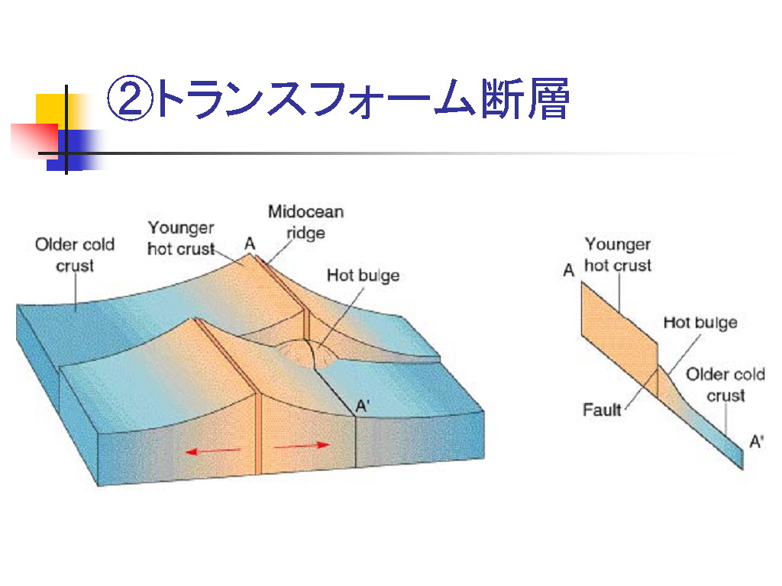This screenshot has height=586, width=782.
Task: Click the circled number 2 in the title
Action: tap(128, 98)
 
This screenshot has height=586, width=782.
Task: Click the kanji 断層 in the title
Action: tap(525, 98)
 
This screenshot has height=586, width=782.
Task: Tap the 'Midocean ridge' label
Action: tap(305, 222)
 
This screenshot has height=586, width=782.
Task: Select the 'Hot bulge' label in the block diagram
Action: tap(363, 275)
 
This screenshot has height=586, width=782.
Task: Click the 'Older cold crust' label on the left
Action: tap(75, 255)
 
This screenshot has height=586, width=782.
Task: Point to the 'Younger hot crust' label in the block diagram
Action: tap(181, 238)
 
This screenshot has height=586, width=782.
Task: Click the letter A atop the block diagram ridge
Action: tap(250, 243)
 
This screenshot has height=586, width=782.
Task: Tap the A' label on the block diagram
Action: tap(363, 407)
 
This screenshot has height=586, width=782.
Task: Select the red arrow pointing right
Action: tap(302, 446)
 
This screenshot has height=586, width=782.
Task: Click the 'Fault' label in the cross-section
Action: tap(602, 410)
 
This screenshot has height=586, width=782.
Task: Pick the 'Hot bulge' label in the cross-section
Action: tap(700, 323)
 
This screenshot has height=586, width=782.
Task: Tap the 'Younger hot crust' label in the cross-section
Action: tap(618, 255)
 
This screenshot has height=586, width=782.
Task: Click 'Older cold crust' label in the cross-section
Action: tap(725, 385)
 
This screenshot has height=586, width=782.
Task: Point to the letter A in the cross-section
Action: tap(568, 270)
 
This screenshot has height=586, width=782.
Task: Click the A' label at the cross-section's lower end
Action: tap(757, 442)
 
